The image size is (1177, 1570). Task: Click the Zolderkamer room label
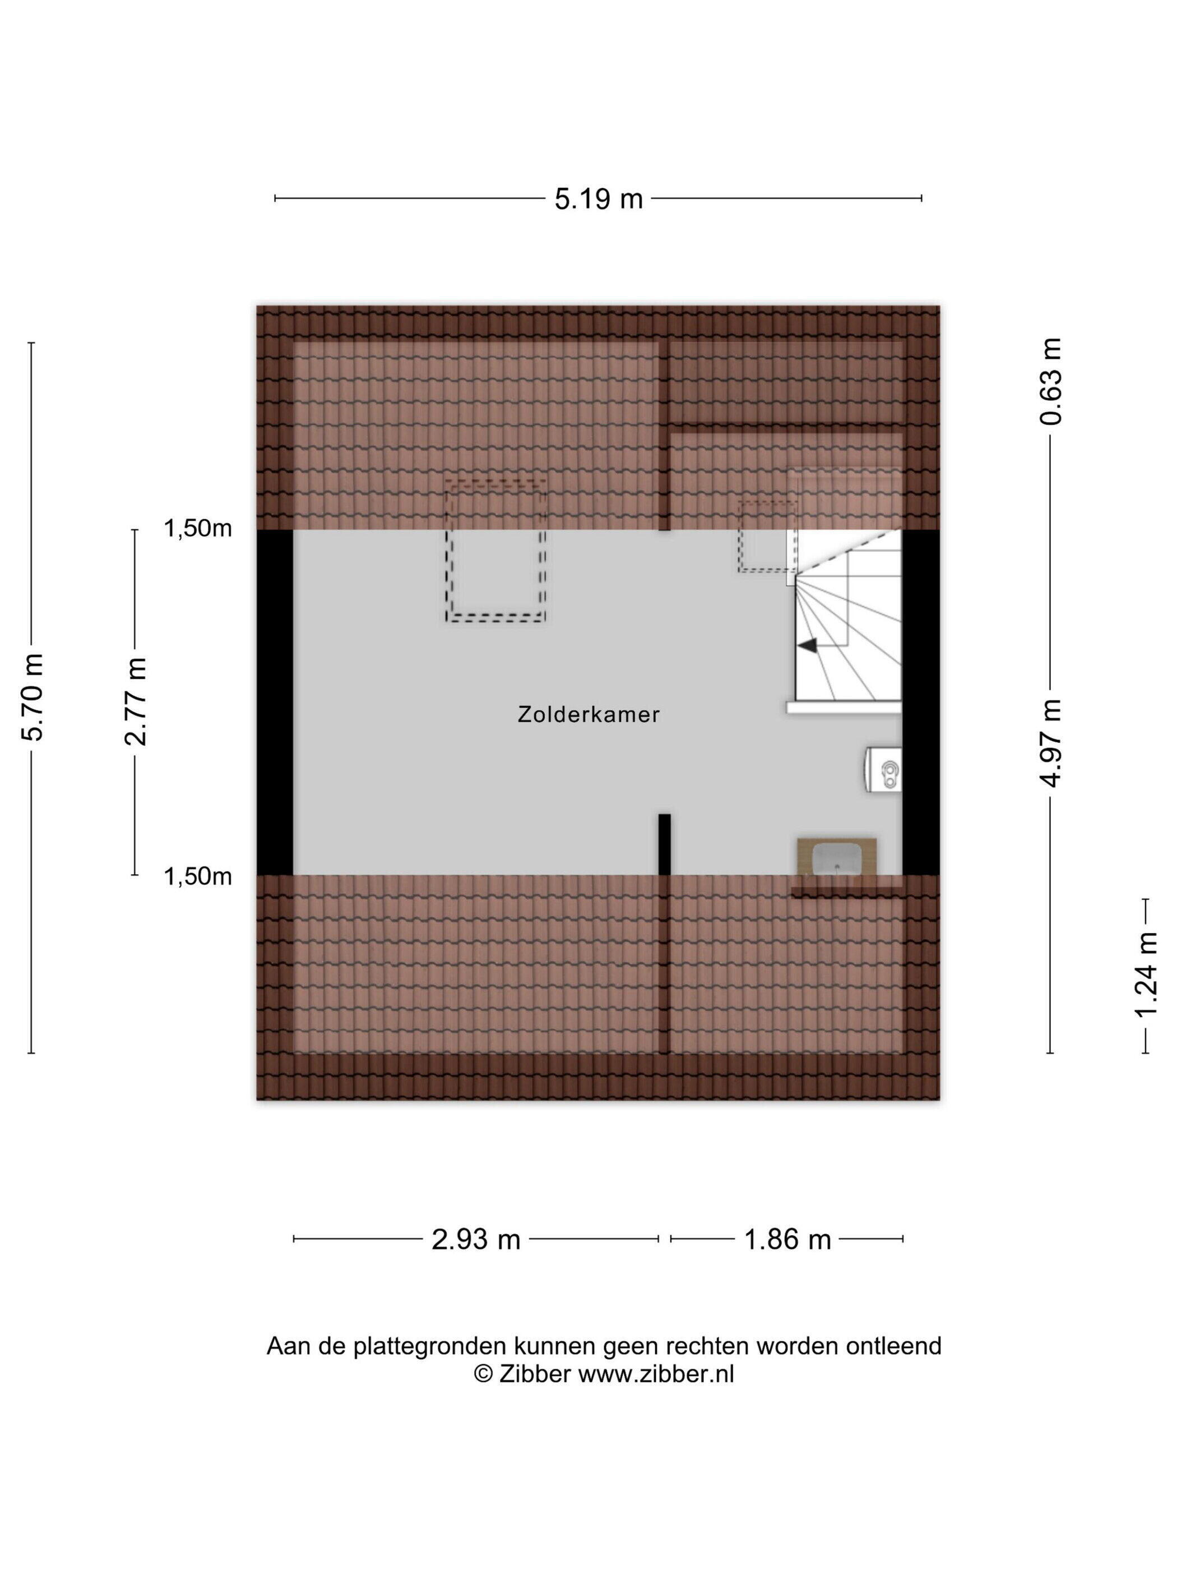click(588, 715)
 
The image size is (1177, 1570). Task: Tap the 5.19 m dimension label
click(598, 198)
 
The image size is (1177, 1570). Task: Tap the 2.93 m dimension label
click(476, 1239)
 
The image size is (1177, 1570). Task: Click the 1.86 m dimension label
click(787, 1239)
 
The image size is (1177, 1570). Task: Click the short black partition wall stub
click(664, 844)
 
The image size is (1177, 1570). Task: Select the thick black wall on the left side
click(275, 702)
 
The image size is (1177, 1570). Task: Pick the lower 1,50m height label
click(198, 876)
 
